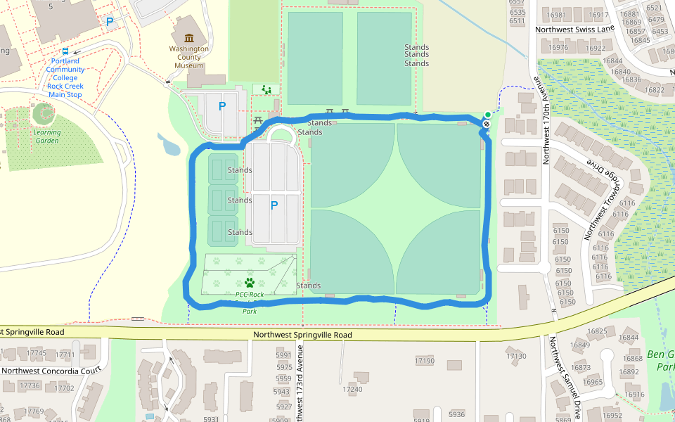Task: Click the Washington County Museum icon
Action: point(188,38)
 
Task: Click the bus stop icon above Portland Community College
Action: point(65,51)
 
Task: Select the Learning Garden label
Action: point(46,136)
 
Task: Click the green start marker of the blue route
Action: point(487,115)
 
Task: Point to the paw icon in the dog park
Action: point(249,283)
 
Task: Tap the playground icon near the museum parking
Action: point(266,89)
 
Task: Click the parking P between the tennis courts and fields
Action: point(274,205)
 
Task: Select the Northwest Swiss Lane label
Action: point(574,30)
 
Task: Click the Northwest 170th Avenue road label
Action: point(546,126)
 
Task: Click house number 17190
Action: point(425,361)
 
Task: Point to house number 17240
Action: point(352,389)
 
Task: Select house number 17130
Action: point(516,357)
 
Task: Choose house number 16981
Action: point(556,15)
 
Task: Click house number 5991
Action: point(284,356)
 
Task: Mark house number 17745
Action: point(35,354)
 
